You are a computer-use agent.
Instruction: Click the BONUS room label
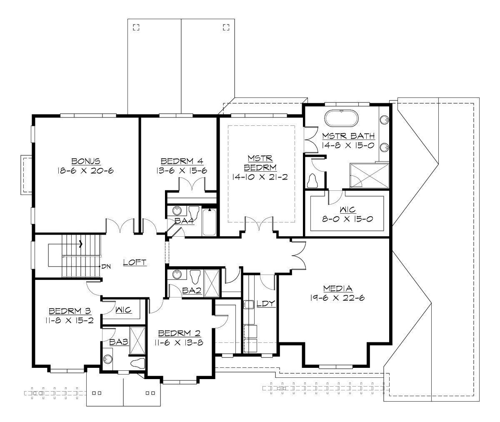click(85, 161)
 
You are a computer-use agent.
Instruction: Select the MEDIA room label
click(337, 288)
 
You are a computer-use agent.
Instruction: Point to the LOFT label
click(135, 262)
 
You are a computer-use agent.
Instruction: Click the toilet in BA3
click(137, 363)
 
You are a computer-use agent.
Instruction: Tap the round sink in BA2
click(176, 275)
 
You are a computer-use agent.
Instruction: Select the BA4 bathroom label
click(184, 221)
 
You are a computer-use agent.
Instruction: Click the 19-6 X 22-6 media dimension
click(337, 297)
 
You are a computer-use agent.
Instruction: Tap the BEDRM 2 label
click(180, 333)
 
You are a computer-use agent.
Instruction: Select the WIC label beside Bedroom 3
click(123, 310)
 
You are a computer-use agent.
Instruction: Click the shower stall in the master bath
click(369, 175)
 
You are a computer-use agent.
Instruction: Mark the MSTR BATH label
click(348, 136)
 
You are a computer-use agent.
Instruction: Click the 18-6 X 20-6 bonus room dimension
click(85, 170)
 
